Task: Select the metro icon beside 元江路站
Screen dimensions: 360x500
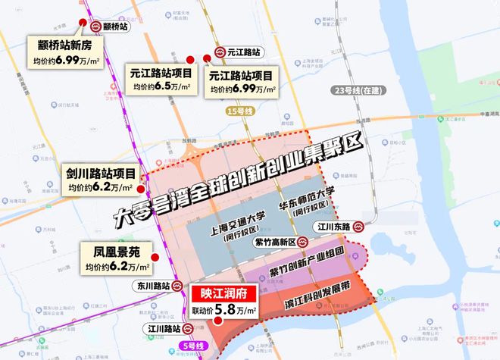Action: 219,53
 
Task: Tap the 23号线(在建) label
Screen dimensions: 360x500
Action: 358,90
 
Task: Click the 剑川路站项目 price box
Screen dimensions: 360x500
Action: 100,180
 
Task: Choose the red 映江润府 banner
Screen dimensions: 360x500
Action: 223,293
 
